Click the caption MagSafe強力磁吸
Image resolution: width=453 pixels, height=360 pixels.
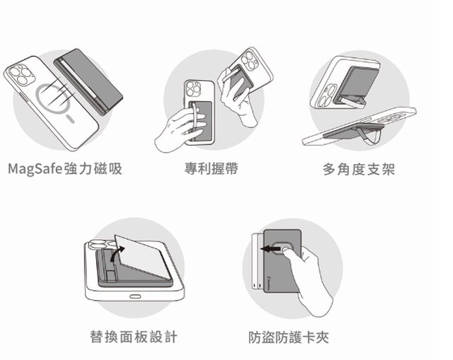[65, 169]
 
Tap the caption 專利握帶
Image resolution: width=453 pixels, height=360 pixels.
[212, 168]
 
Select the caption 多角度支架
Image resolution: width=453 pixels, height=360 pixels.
[359, 169]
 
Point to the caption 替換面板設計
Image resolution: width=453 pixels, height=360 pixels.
[134, 337]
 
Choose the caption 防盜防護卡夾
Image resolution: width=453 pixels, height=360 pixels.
[289, 337]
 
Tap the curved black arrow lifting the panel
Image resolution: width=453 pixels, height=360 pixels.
[117, 254]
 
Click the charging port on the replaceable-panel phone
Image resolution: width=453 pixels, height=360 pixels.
[135, 296]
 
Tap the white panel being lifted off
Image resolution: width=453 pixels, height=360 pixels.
[142, 257]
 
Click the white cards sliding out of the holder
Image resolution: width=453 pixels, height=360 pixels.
[257, 261]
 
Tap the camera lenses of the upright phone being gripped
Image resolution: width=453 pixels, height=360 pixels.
[193, 89]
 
